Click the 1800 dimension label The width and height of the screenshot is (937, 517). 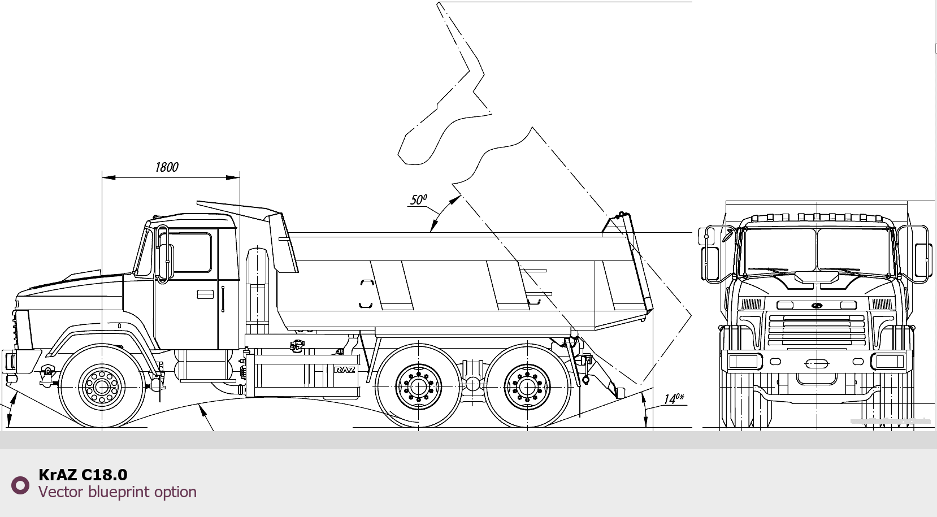(167, 167)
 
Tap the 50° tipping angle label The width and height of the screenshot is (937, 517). (418, 199)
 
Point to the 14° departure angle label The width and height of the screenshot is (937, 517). (674, 398)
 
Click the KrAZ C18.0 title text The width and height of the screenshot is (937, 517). (83, 475)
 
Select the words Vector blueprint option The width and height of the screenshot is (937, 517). (118, 492)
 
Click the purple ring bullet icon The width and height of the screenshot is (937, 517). (20, 485)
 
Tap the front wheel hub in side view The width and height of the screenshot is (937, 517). (102, 388)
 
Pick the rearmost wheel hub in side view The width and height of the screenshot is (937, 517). (527, 387)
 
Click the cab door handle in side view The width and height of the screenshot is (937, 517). (205, 294)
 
